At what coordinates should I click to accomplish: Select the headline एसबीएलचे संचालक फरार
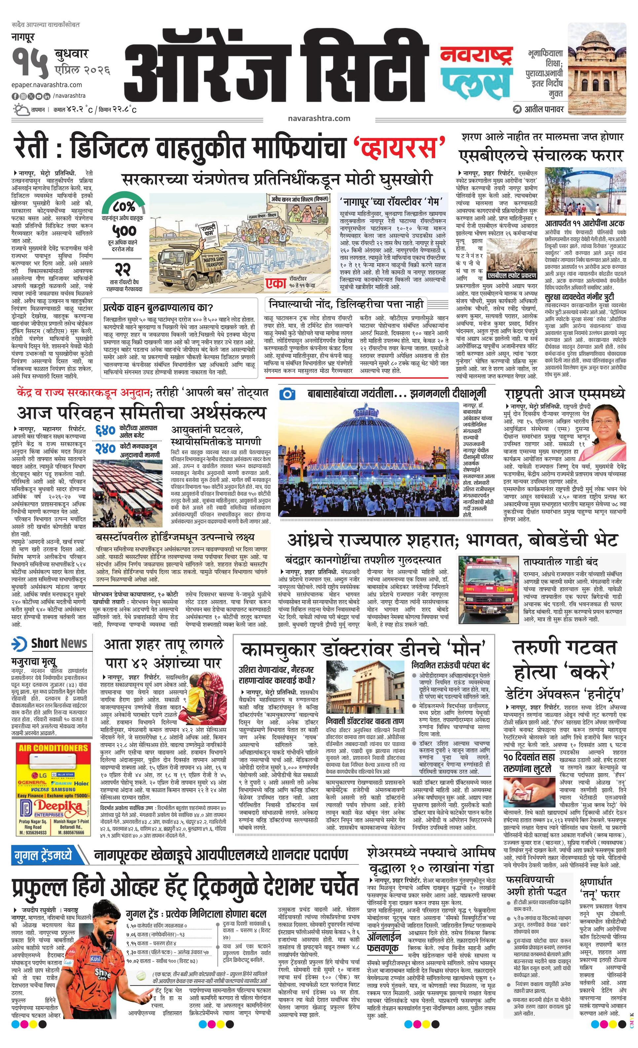pyautogui.click(x=540, y=155)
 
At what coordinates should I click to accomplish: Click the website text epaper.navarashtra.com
pyautogui.click(x=47, y=85)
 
